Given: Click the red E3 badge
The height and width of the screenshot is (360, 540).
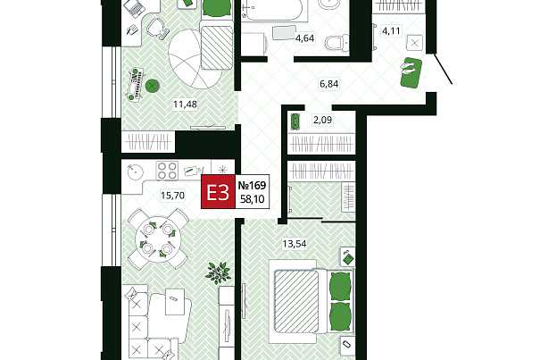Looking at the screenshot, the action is click(x=218, y=192).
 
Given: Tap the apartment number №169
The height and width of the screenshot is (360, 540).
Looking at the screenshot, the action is click(x=252, y=186).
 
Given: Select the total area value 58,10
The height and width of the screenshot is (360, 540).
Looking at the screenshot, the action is click(x=252, y=199).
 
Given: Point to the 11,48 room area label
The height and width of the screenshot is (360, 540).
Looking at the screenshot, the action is click(x=185, y=104).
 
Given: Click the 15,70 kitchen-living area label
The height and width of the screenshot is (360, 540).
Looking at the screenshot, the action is click(x=172, y=196).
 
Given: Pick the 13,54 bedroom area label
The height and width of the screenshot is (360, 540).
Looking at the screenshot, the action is click(x=295, y=244).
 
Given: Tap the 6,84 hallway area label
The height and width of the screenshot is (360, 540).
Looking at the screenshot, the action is click(x=328, y=84).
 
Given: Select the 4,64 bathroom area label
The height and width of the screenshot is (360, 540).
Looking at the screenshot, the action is click(x=304, y=38).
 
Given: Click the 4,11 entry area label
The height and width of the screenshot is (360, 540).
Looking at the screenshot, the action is click(x=391, y=31).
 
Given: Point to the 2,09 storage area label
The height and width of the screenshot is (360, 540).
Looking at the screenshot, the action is click(x=323, y=120).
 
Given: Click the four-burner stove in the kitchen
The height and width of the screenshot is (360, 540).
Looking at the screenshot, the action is click(x=167, y=171).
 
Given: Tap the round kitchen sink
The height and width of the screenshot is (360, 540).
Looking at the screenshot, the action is click(x=135, y=172).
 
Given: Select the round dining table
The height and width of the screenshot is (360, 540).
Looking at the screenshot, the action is click(x=158, y=239).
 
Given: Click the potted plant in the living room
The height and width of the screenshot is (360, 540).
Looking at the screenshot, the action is click(x=218, y=272).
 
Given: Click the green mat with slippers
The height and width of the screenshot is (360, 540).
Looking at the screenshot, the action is click(x=411, y=72).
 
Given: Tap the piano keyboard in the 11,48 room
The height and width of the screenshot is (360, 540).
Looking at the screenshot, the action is click(x=137, y=84).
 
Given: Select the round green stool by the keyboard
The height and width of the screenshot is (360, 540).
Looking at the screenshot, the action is click(x=152, y=86).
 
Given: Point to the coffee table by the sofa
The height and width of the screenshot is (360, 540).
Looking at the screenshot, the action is click(x=175, y=302).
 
